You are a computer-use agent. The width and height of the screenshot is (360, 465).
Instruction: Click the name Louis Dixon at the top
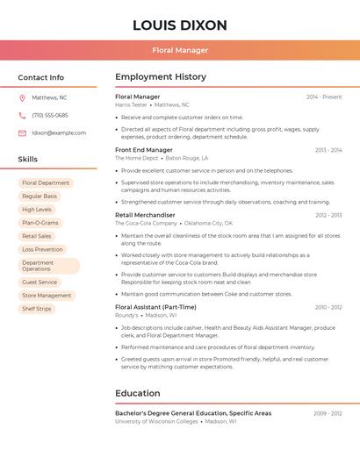[x=180, y=25]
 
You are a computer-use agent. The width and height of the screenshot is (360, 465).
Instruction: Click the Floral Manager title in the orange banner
[x=180, y=50]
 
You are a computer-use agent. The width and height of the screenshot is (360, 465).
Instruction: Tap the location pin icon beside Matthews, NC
[x=22, y=97]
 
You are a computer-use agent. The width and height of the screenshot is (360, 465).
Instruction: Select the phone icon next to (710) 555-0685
[x=22, y=115]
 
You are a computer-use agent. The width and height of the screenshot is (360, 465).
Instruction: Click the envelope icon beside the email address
[x=22, y=132]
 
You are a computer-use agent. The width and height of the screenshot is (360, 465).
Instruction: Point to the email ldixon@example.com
[x=59, y=132]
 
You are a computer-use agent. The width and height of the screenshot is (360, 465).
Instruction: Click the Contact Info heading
[x=41, y=77]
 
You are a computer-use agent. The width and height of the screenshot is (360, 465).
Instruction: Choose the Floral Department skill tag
[x=46, y=183]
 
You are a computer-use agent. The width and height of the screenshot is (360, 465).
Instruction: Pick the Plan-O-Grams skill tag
[x=40, y=223]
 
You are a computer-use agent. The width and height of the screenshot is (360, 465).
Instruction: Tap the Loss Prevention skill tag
[x=42, y=249]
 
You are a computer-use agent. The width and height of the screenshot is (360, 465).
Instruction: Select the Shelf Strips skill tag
[x=37, y=309]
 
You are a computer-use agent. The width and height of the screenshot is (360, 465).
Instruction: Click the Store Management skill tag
[x=47, y=296]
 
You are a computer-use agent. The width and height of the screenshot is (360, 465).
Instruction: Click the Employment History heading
[x=161, y=77]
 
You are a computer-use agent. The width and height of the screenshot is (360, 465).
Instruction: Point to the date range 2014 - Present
[x=324, y=97]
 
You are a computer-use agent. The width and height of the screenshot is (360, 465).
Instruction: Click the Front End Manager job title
[x=144, y=150]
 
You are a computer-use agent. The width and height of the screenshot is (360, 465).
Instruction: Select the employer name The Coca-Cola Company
[x=146, y=223]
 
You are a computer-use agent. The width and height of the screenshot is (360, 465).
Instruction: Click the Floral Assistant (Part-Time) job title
[x=155, y=307]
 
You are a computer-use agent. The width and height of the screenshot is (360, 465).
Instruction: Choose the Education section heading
[x=138, y=393]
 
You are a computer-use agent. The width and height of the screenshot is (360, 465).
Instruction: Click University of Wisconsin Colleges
[x=156, y=421]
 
